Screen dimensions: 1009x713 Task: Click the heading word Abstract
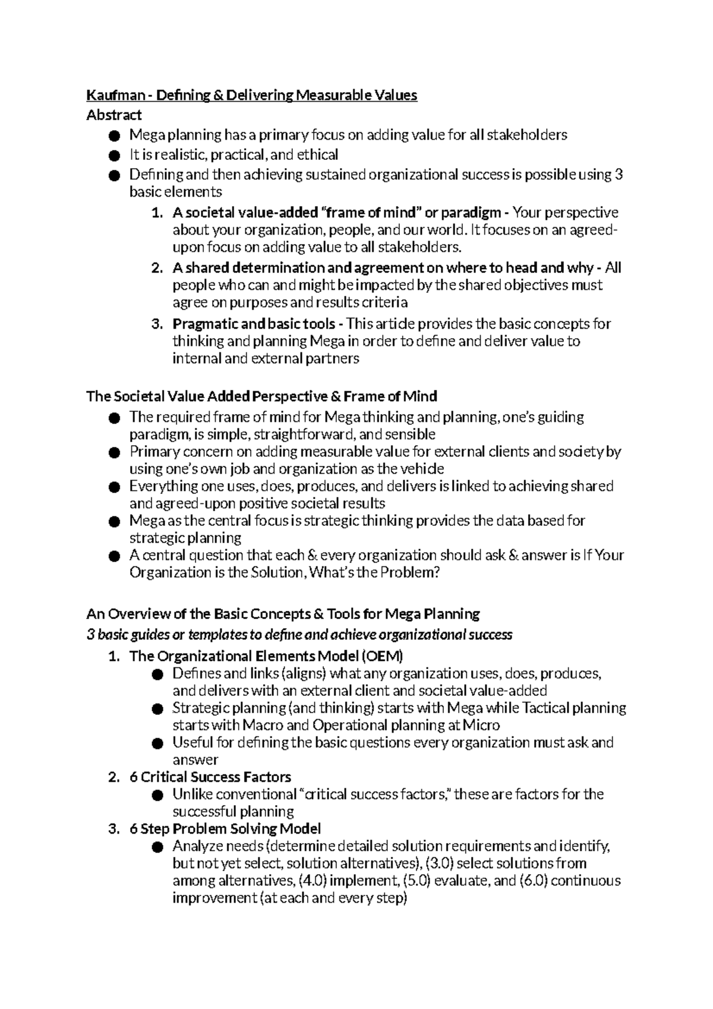click(114, 115)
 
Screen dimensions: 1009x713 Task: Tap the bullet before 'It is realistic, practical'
click(114, 156)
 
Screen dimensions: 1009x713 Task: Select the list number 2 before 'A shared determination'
click(156, 268)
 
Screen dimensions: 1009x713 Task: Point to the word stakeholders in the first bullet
click(527, 135)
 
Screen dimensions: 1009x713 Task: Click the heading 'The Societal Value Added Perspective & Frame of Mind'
click(261, 396)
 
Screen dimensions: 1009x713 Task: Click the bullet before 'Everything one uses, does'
click(114, 487)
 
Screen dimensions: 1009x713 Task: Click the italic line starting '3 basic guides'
click(299, 635)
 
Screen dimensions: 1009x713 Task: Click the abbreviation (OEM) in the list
click(382, 656)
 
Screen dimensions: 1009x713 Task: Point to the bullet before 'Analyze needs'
click(157, 847)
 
